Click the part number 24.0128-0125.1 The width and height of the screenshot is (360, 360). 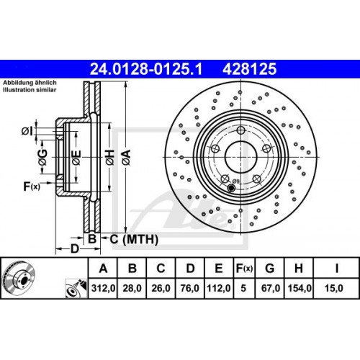click(x=144, y=70)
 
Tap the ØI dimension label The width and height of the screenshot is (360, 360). click(x=27, y=130)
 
